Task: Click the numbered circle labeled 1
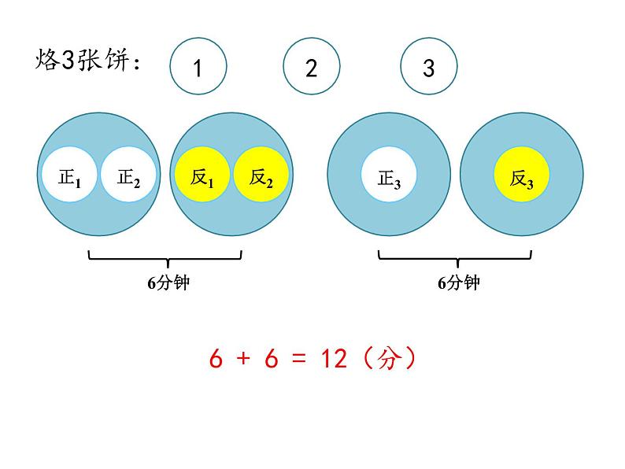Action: [x=198, y=68]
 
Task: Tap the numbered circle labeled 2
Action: [x=312, y=68]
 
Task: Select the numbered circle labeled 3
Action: [x=428, y=68]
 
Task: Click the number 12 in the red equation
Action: [x=334, y=359]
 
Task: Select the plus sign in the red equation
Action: [x=243, y=360]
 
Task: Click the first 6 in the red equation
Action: [x=216, y=359]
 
